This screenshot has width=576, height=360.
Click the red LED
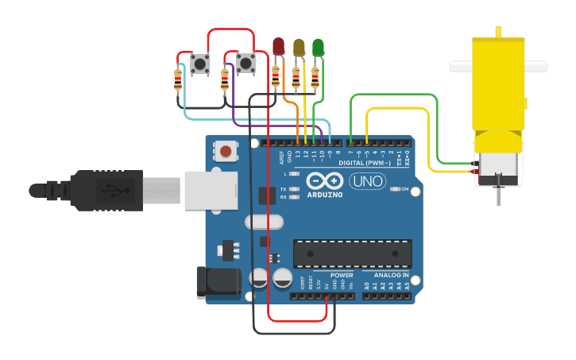point(278,46)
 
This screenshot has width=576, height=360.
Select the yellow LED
point(298,47)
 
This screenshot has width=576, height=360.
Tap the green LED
point(318,47)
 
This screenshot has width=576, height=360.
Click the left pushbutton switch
point(200,64)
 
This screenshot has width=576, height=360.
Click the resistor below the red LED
point(276,77)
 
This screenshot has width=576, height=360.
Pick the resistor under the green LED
point(315,77)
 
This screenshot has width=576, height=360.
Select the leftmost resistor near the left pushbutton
point(177,80)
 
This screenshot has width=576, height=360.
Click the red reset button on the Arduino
point(226,151)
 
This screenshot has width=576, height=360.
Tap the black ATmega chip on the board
point(353,253)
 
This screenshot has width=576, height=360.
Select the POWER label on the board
point(342,275)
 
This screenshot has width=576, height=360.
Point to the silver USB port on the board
point(211,190)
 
